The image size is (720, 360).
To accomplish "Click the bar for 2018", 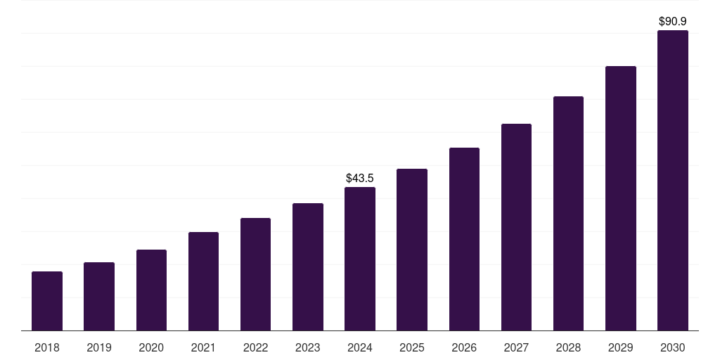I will coord(47,301).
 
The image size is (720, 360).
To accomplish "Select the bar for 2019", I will coord(99,296).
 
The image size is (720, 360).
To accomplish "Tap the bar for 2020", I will coord(151,290).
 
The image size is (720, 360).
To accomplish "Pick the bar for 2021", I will coord(203,281).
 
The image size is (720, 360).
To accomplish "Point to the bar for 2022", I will coord(255,274).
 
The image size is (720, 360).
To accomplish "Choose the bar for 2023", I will coord(308,266).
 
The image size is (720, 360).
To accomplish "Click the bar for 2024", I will coord(360,259).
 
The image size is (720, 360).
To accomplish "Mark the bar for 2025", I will coord(412,250).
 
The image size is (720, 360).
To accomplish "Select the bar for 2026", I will coord(464,239).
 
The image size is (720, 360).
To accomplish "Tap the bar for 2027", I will coord(516,227).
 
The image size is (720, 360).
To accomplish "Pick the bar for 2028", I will coord(568,213).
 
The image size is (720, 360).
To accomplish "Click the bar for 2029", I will coord(621,198).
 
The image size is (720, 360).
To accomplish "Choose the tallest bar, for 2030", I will coord(673,180).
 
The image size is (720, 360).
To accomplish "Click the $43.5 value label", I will coord(360,179).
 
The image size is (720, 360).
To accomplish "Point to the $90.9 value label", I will coord(673,22).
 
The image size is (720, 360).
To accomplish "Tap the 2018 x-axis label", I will coord(47,347).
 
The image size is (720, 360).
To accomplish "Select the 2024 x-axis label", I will coord(360,347).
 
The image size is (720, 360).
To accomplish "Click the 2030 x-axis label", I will coord(673,347).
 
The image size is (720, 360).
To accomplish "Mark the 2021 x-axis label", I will coord(203,347).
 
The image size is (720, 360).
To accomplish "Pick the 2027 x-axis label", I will coord(516,347).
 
